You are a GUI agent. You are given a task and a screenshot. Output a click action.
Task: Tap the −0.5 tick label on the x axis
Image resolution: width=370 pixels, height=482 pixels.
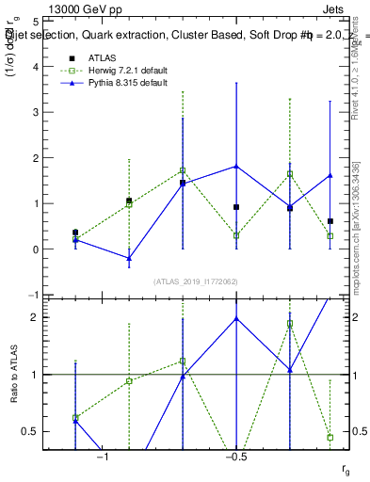click(236, 457)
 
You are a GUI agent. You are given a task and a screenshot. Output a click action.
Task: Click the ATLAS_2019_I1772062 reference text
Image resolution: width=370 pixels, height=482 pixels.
click(197, 281)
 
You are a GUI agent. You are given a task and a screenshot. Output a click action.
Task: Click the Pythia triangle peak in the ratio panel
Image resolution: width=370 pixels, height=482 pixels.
click(236, 318)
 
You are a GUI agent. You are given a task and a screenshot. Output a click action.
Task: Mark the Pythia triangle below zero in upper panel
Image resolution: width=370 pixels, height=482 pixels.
click(129, 258)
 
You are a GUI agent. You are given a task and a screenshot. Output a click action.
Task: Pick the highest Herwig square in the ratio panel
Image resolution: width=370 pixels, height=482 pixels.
click(290, 323)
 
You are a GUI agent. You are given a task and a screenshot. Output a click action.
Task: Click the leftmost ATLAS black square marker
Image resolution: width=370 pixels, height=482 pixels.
click(75, 232)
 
